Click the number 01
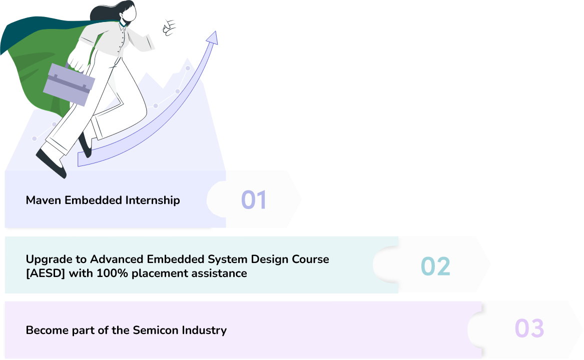click(x=254, y=199)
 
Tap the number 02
click(x=435, y=266)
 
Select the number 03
click(x=529, y=328)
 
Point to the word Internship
click(x=153, y=200)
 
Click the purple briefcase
click(x=69, y=84)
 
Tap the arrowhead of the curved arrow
click(x=212, y=37)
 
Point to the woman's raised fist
click(x=169, y=27)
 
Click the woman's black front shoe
click(x=52, y=163)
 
